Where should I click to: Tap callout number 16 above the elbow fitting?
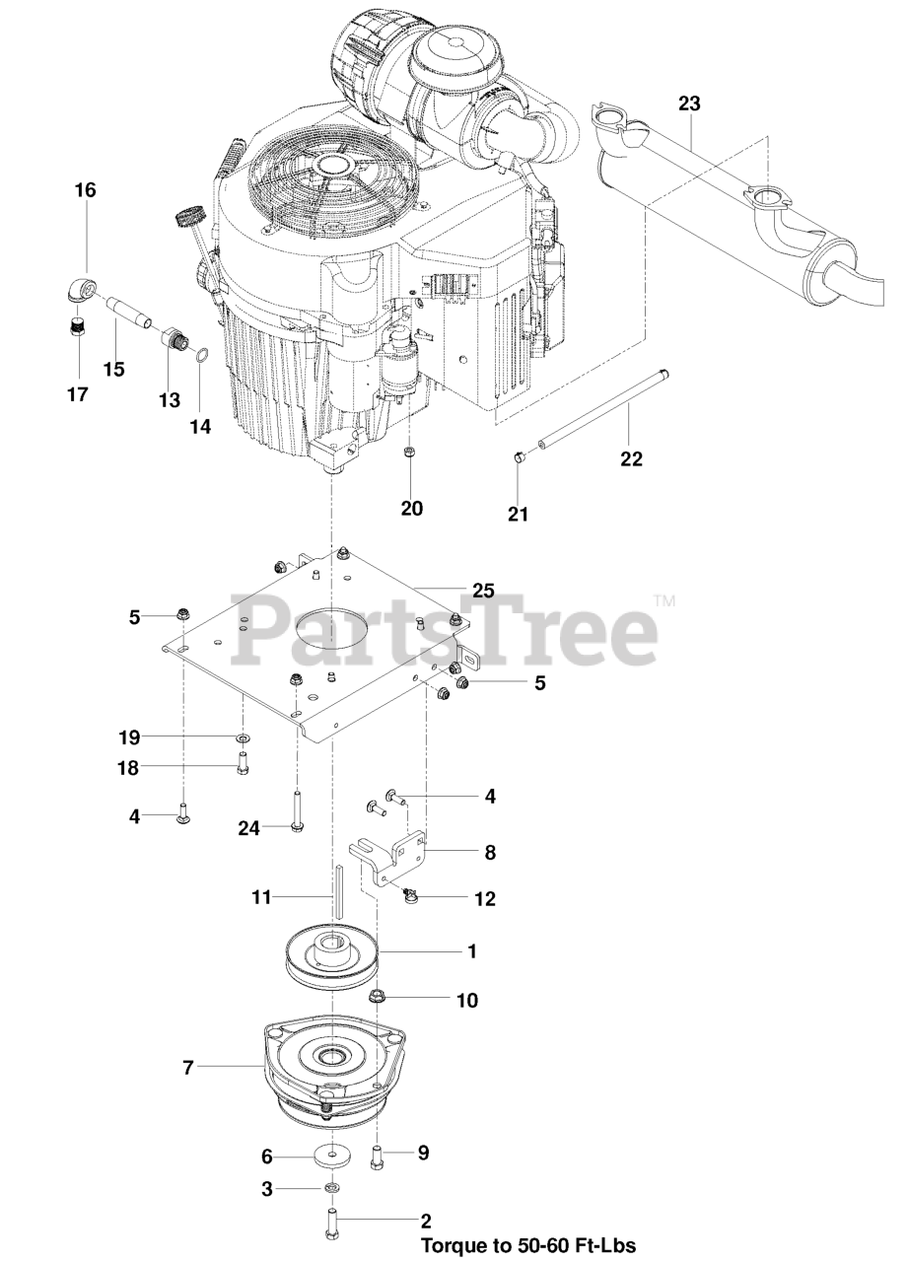point(85,190)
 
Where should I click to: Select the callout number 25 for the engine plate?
point(482,591)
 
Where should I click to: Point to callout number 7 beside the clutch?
point(189,1066)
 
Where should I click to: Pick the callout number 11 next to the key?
point(260,898)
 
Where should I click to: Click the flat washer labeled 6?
point(338,1155)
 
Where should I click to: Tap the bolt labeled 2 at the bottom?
point(330,1224)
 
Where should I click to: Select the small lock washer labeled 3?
point(332,1189)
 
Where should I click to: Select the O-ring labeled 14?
point(201,356)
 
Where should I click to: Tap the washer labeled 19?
point(243,737)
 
